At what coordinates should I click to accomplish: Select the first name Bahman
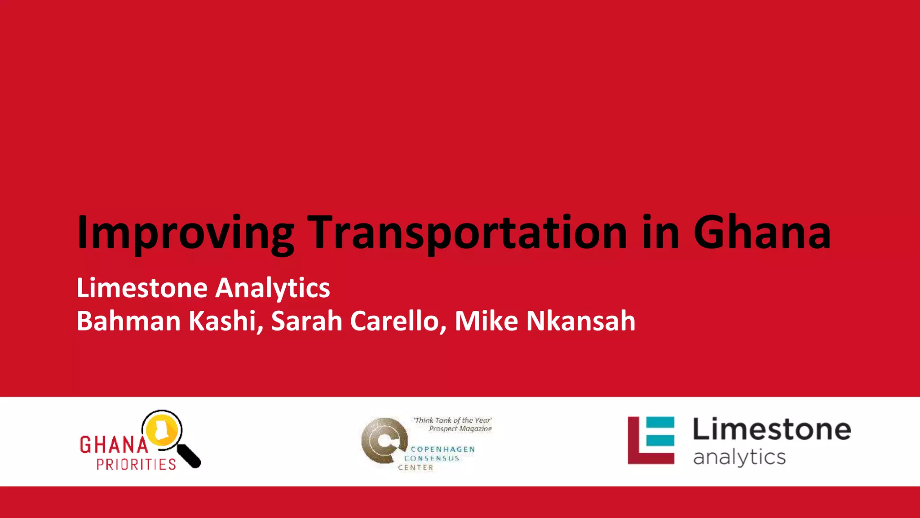128,321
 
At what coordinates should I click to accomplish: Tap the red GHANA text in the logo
114,445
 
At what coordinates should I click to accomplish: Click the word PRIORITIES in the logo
136,464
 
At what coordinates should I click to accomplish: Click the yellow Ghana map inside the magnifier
161,429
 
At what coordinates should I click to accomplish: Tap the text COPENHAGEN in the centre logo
442,449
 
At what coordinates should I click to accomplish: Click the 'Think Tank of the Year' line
453,420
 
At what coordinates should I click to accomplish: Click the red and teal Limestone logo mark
651,440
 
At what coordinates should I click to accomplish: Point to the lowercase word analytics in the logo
739,458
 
